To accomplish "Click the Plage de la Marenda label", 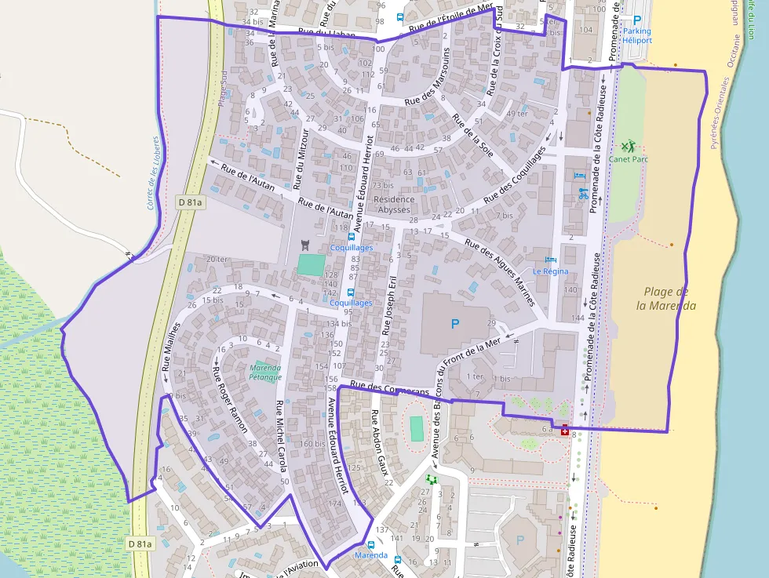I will click(666, 299).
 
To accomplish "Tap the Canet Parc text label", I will click(628, 159).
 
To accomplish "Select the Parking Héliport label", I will click(636, 35).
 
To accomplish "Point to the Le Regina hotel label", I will click(550, 271).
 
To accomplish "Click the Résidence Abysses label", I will click(394, 205).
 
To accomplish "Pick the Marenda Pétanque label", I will click(265, 372).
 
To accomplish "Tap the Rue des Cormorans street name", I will click(390, 388).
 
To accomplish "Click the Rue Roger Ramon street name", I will click(231, 398).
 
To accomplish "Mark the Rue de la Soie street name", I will click(472, 135).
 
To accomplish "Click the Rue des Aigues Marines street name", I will click(500, 272).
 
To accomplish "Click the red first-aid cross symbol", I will click(566, 430).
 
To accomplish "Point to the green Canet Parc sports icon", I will click(628, 146).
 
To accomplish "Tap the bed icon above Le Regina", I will click(550, 260).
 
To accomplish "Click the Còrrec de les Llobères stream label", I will click(154, 173).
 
